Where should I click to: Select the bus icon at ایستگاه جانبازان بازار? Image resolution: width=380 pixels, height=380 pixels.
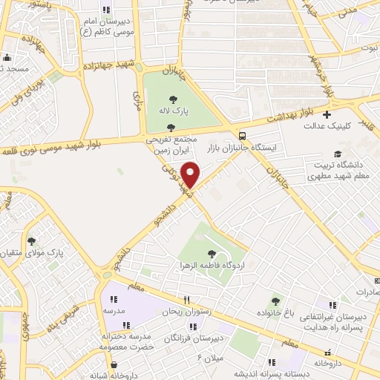tap(243, 134)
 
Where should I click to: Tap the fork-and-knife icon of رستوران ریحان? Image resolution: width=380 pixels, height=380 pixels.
tap(187, 301)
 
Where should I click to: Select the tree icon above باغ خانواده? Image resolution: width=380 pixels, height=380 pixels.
tap(275, 301)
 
